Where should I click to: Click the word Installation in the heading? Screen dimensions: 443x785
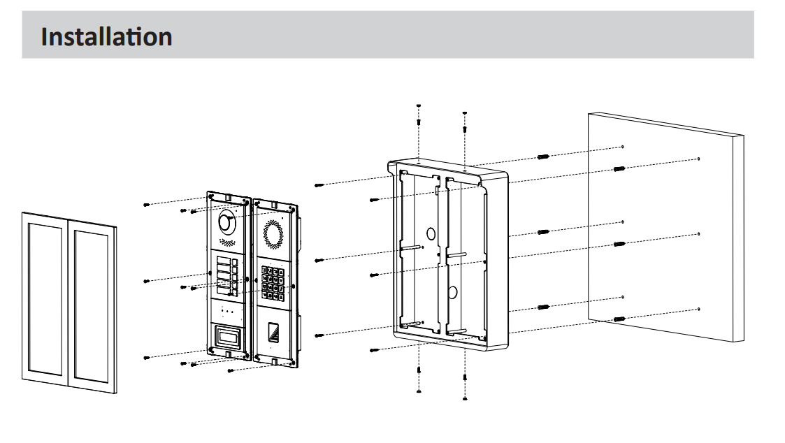pos(106,36)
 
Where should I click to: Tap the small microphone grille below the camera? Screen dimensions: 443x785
pos(226,242)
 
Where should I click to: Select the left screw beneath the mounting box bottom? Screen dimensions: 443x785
pos(418,378)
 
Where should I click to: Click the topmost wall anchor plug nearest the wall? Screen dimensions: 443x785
pos(618,168)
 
